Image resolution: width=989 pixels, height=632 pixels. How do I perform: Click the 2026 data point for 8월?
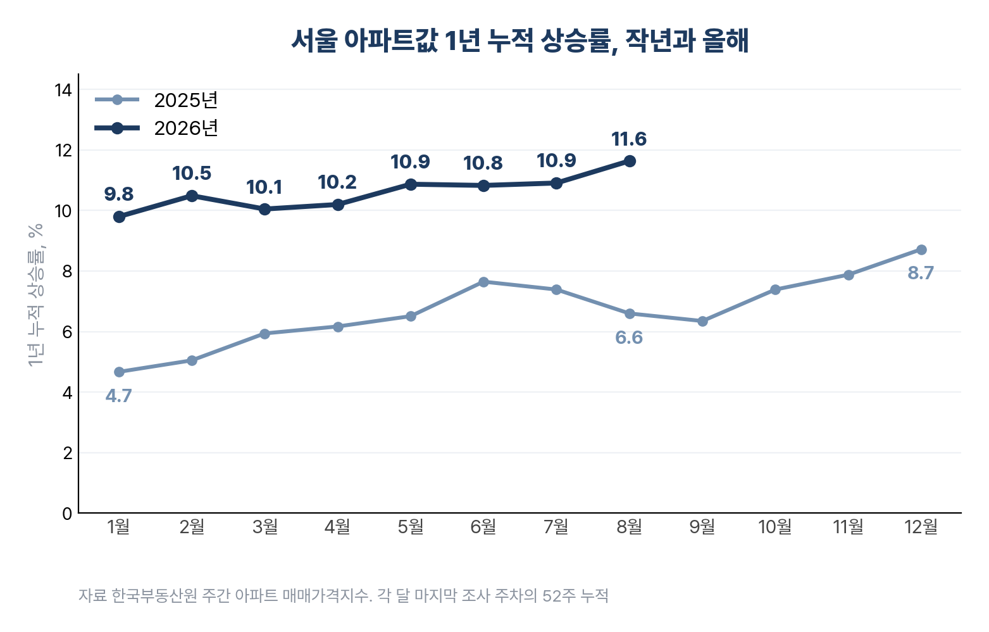[x=630, y=161]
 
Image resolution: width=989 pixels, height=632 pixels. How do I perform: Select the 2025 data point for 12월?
[x=921, y=250]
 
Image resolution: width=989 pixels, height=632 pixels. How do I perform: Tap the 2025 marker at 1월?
[x=119, y=372]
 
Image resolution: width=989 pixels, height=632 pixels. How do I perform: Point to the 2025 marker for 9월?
[x=702, y=321]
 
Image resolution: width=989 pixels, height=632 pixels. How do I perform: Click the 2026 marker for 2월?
[x=192, y=196]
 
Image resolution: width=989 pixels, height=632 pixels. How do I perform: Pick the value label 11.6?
[x=629, y=139]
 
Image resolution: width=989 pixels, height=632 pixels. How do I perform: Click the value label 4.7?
[x=118, y=396]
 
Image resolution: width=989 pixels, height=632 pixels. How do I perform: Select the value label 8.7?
[x=921, y=273]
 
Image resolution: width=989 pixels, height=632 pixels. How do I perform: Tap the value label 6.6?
[x=629, y=338]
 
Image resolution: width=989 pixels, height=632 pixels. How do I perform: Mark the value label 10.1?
[x=264, y=187]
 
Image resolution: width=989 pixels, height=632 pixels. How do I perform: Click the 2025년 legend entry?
[x=156, y=100]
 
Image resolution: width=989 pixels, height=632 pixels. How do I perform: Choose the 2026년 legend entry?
[x=156, y=129]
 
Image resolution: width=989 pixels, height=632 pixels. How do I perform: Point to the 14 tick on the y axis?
[x=63, y=90]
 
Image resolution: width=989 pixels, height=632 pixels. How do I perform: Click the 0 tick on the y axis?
[x=67, y=514]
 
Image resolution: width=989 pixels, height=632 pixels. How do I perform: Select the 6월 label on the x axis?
[x=483, y=526]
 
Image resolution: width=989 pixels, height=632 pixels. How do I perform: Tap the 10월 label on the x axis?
[x=775, y=526]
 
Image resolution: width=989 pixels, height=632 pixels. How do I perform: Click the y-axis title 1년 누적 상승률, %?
[x=36, y=295]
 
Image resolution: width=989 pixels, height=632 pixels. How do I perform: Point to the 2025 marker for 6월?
[x=483, y=282]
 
